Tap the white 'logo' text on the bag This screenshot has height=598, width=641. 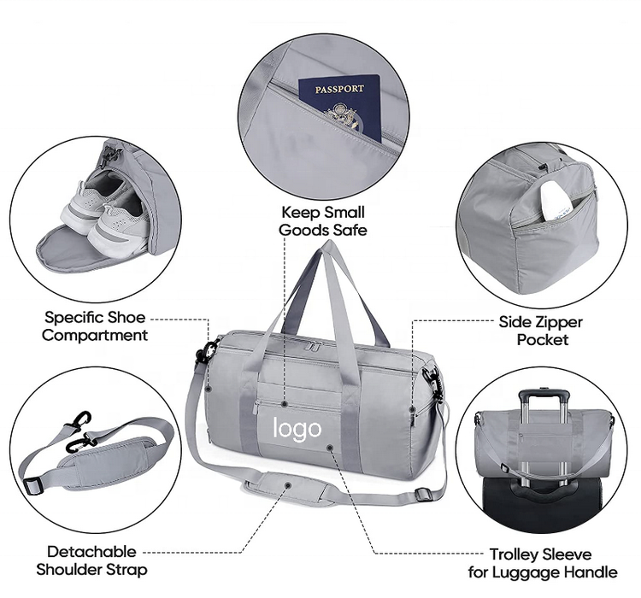point(297,429)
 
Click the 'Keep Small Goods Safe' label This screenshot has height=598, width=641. point(323,221)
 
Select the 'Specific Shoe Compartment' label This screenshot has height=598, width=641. point(94,326)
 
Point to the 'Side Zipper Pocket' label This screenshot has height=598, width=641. point(540,331)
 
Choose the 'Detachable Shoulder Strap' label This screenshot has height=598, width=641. point(91,560)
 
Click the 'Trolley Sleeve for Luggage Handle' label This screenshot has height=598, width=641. point(543,563)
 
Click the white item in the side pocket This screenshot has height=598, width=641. point(556,200)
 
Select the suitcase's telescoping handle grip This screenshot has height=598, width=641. point(544,396)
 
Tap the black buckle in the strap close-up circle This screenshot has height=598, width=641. point(33,485)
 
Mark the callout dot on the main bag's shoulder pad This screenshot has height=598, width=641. point(288,485)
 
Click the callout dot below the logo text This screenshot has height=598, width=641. point(330,448)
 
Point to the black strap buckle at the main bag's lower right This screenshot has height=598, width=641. point(424,494)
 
